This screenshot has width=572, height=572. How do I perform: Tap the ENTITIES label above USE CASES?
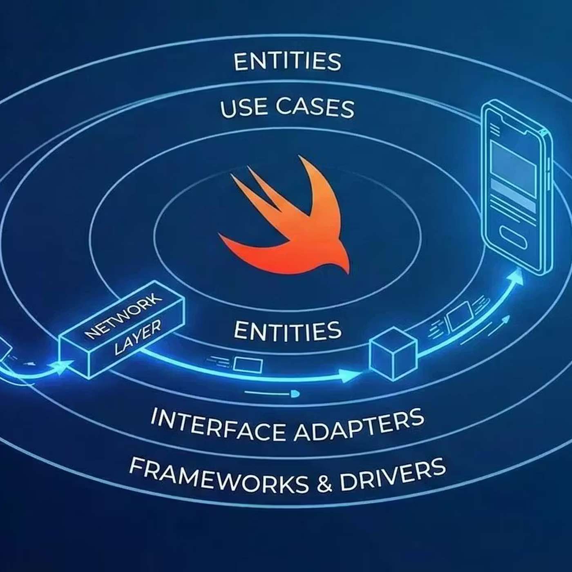[287, 61]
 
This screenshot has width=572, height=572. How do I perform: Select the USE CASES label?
[287, 108]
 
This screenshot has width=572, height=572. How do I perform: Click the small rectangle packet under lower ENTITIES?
[248, 364]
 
